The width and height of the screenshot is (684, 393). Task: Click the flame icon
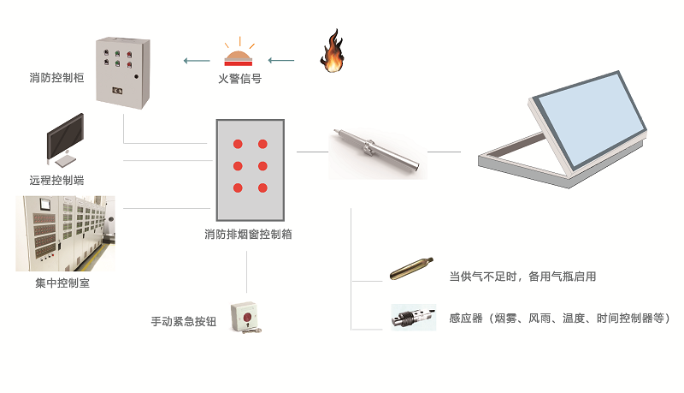coord(332,53)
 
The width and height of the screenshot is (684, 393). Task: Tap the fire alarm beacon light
coord(239,57)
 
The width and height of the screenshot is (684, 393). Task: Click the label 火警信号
coord(239,80)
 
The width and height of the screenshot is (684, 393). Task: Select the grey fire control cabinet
coord(121,71)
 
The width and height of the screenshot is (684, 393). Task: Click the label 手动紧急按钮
coord(184,322)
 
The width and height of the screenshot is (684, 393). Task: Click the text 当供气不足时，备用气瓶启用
coord(522,277)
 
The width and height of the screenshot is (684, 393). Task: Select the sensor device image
coord(413,318)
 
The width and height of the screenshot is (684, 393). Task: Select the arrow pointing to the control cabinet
coord(197,61)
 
